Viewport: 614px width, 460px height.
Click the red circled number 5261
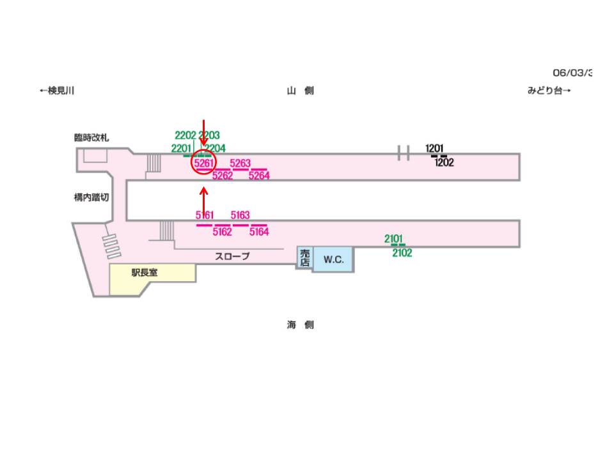tap(203, 164)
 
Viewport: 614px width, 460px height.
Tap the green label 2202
tap(185, 135)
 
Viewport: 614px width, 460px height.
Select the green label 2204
tap(216, 148)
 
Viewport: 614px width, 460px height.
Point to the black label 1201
tap(434, 149)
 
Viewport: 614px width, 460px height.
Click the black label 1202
tap(444, 162)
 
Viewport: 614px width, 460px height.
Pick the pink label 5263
tap(240, 164)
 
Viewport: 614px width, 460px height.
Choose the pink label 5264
tap(259, 176)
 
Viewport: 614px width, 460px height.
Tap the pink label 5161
tap(205, 215)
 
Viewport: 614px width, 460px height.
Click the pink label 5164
tap(259, 232)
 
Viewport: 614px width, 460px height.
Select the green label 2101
tap(394, 239)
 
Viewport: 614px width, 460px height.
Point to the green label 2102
tap(402, 253)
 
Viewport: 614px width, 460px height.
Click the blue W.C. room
tap(333, 259)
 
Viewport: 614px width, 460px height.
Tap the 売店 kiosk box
tap(304, 257)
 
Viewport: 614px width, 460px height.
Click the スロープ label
tap(232, 256)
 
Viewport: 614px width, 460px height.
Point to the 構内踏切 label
tap(91, 197)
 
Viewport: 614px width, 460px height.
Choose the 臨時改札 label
tap(91, 137)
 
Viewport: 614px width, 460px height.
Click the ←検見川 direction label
tap(57, 91)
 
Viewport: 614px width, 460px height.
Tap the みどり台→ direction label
tap(549, 91)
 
